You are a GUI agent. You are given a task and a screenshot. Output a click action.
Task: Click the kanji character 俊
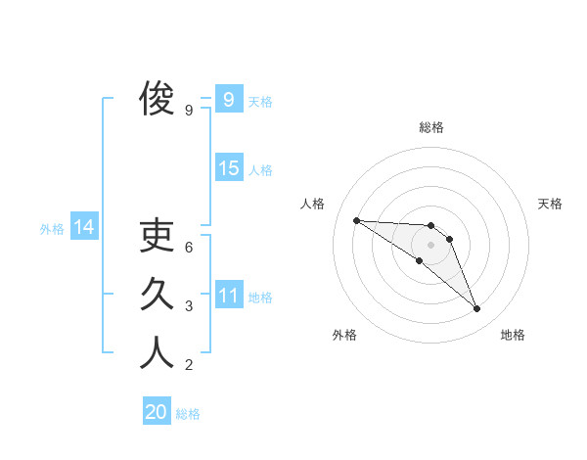pyautogui.click(x=157, y=100)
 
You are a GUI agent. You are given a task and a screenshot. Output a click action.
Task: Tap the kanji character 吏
pyautogui.click(x=157, y=236)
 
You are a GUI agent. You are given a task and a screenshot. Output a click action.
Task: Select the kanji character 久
pyautogui.click(x=157, y=295)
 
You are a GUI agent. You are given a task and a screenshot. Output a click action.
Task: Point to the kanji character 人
pyautogui.click(x=157, y=353)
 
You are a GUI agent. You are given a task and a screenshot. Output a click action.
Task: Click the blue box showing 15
pyautogui.click(x=229, y=168)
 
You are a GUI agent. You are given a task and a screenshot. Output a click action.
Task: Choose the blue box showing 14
pyautogui.click(x=84, y=228)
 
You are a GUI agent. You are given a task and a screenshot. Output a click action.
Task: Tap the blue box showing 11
pyautogui.click(x=229, y=296)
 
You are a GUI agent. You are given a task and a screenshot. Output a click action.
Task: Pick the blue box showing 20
pyautogui.click(x=157, y=412)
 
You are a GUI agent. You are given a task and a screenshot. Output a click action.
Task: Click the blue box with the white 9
pyautogui.click(x=229, y=100)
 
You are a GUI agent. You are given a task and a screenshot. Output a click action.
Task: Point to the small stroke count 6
pyautogui.click(x=190, y=248)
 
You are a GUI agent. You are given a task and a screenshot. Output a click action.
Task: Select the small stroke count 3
pyautogui.click(x=190, y=306)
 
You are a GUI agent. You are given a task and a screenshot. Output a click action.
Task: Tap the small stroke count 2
pyautogui.click(x=190, y=366)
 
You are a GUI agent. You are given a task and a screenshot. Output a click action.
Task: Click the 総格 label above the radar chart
pyautogui.click(x=431, y=128)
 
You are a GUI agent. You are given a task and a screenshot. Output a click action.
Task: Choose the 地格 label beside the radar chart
pyautogui.click(x=513, y=336)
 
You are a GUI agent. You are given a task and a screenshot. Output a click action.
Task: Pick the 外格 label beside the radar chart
pyautogui.click(x=344, y=336)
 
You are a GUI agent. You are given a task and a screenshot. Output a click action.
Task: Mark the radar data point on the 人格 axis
pyautogui.click(x=356, y=220)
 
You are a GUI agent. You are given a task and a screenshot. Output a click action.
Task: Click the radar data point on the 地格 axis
pyautogui.click(x=477, y=309)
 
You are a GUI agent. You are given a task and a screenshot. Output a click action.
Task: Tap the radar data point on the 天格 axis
pyautogui.click(x=449, y=239)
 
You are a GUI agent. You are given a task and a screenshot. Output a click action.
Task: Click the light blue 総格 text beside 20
pyautogui.click(x=188, y=414)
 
